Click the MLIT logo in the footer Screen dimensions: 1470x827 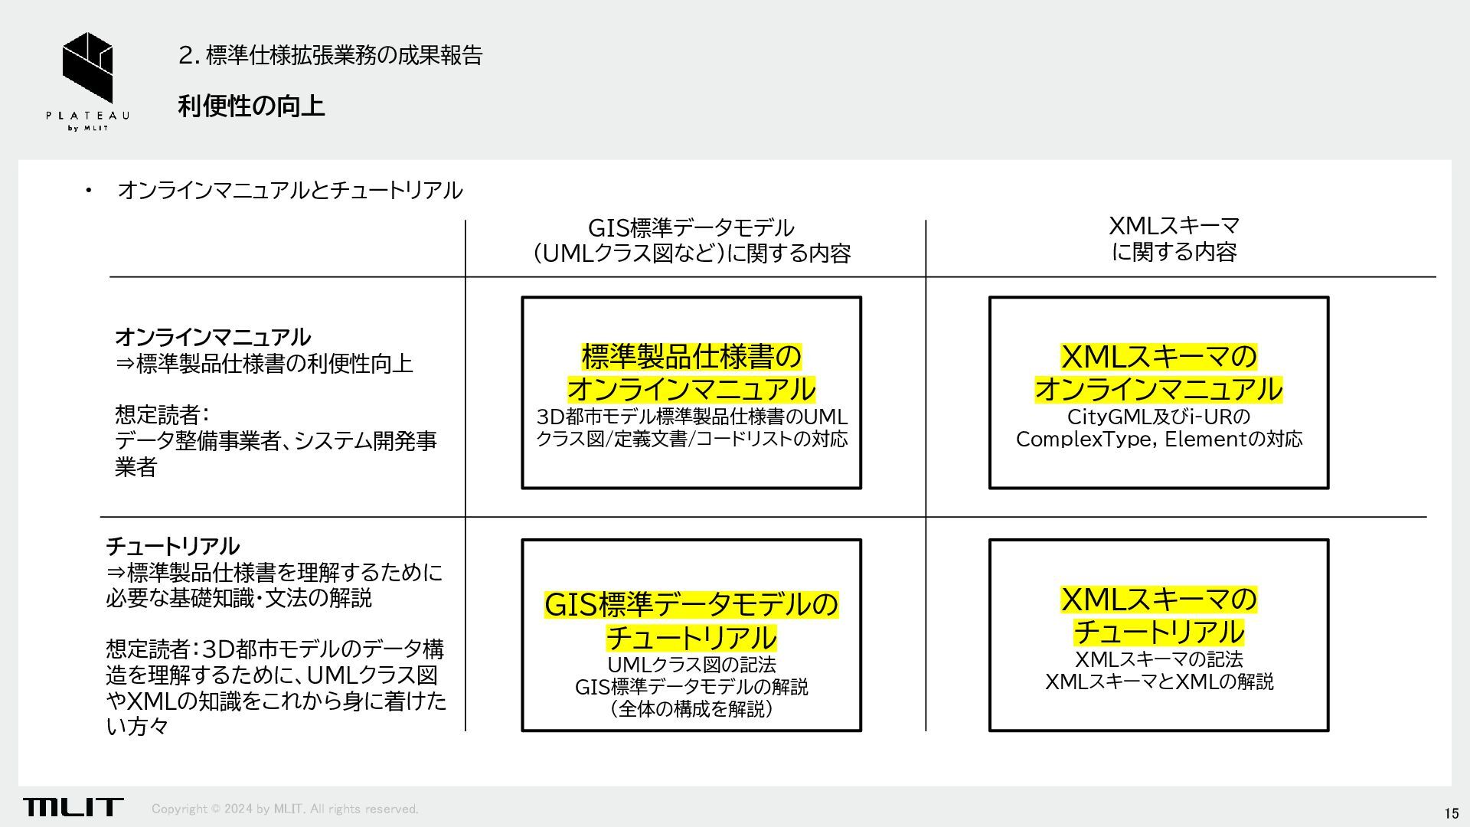tap(73, 806)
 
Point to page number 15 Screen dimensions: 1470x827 tap(1451, 813)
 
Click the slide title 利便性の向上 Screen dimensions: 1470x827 tap(251, 106)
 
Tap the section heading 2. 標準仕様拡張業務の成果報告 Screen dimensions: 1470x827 tap(330, 55)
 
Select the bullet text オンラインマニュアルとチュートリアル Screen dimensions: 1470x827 tap(290, 190)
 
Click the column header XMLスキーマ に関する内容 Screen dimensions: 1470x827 tap(1174, 239)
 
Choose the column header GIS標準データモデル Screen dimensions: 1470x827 tap(691, 228)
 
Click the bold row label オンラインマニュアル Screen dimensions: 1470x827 tap(213, 337)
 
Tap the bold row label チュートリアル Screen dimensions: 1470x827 tap(172, 546)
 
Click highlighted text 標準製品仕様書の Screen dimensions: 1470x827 tap(691, 356)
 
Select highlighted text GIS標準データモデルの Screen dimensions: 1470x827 tap(691, 605)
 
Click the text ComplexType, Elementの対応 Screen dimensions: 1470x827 tap(1158, 440)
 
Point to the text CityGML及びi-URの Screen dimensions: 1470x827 tap(1158, 417)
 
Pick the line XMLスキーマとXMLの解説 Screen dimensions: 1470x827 tap(1158, 682)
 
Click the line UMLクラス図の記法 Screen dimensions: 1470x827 tap(691, 664)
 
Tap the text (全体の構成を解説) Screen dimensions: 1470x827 tap(691, 709)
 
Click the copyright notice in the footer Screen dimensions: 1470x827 tap(285, 809)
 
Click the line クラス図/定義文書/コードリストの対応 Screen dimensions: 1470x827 tap(691, 440)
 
